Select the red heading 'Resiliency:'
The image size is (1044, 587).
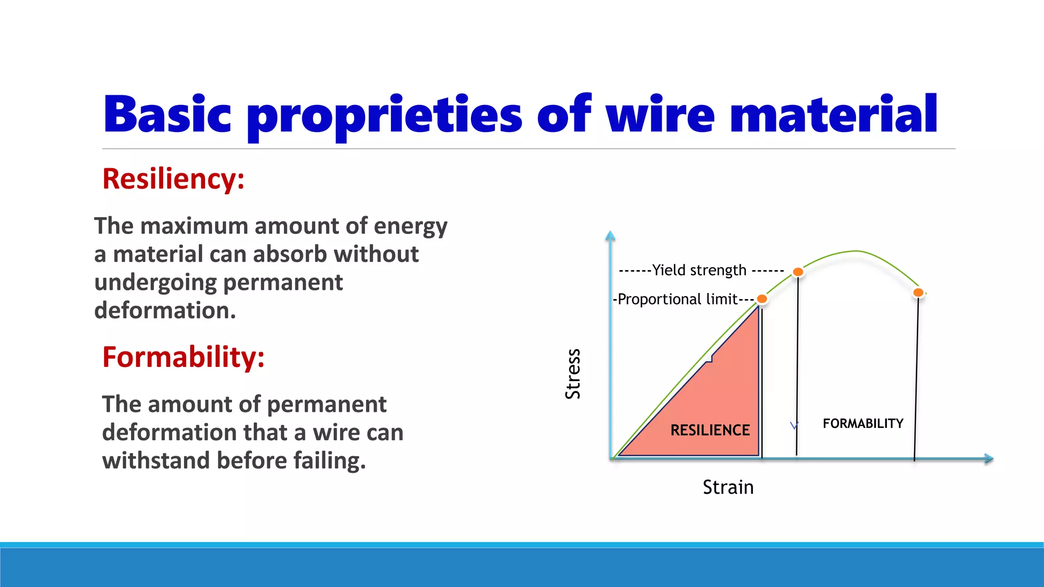coord(173,179)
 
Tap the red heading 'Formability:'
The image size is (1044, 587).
coord(184,357)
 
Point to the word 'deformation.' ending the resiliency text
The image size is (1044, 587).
coord(165,310)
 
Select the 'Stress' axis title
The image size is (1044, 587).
coord(573,373)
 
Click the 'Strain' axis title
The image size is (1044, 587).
coord(728,487)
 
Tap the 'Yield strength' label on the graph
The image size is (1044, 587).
coord(699,270)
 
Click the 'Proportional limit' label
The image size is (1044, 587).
coord(677,299)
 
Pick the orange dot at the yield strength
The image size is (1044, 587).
coord(798,272)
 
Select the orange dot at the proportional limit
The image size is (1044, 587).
coord(762,299)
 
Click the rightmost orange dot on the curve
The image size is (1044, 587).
coord(918,292)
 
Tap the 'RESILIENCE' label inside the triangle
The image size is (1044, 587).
coord(710,430)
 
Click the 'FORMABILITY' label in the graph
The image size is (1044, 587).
coord(863,423)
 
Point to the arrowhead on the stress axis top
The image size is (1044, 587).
coord(610,235)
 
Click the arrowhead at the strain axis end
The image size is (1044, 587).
coord(989,459)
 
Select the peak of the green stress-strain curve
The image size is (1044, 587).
coord(856,251)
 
